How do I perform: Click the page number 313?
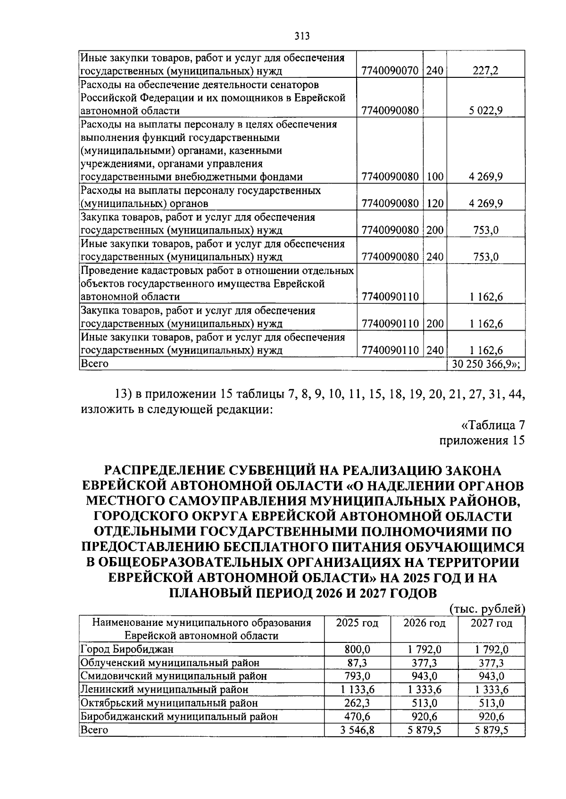click(301, 36)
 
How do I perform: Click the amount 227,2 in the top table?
click(485, 71)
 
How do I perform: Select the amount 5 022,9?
click(485, 111)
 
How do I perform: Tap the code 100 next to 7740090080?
click(434, 177)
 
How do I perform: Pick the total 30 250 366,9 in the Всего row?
click(485, 364)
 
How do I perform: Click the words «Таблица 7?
click(492, 425)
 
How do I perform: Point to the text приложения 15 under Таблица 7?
click(482, 441)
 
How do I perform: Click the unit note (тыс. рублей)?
click(487, 609)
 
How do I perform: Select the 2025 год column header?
click(357, 623)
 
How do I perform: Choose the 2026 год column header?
click(424, 623)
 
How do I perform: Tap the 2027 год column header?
click(491, 623)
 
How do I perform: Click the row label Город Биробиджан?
click(127, 649)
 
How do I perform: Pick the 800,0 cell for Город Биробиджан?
click(358, 649)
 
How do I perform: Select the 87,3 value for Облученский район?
click(358, 663)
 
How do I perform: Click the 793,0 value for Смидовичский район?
click(358, 676)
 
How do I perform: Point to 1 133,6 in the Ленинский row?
click(358, 690)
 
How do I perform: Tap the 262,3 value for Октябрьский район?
click(358, 703)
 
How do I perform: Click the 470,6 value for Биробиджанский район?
click(358, 716)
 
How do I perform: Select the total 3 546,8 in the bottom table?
click(358, 730)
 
